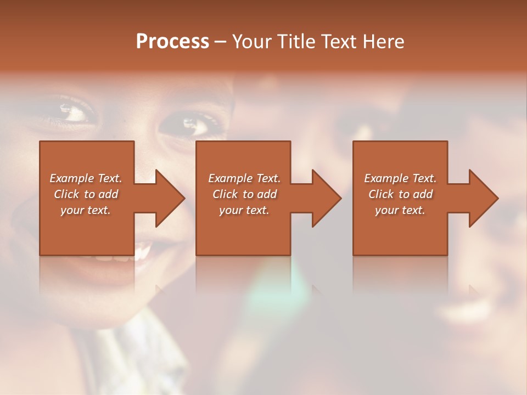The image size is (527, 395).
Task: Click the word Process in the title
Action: click(172, 42)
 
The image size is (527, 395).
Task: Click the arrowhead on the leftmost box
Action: click(167, 198)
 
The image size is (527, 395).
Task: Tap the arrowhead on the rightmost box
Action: click(481, 198)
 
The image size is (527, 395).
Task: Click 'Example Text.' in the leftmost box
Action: click(86, 178)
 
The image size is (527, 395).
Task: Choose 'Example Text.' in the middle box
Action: click(244, 178)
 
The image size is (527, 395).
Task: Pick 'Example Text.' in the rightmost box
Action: click(400, 178)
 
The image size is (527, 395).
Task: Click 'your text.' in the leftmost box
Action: click(86, 210)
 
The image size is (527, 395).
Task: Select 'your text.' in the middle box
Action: click(244, 210)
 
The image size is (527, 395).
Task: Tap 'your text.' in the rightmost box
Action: click(400, 210)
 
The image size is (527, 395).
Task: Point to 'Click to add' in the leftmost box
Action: click(86, 194)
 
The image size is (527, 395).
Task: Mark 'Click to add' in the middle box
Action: click(244, 194)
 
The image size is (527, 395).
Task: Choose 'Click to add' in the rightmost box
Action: click(400, 194)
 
